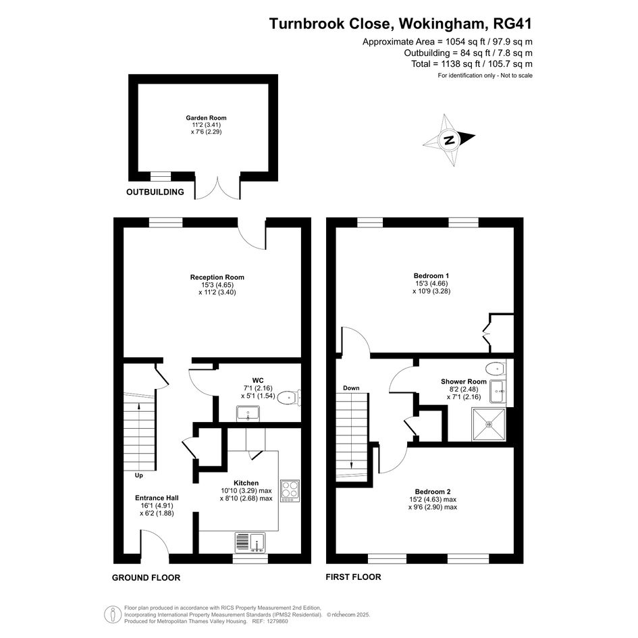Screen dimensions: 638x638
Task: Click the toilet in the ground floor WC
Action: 290,397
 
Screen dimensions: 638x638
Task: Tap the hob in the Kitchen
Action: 290,491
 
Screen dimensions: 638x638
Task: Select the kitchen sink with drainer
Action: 250,542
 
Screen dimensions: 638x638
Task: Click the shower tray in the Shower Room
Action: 489,425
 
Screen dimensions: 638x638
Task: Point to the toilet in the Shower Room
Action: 496,369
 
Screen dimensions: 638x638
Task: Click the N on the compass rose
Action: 449,140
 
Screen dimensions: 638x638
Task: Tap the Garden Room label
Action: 207,118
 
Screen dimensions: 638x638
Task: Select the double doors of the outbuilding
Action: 217,188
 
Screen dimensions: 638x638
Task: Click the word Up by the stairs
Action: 139,475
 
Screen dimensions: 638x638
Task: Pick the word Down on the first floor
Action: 351,388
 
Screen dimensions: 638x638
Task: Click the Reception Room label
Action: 217,277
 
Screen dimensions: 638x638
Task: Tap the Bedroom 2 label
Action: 433,491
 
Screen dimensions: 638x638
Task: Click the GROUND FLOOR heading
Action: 146,577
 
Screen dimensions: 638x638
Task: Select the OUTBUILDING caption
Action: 155,192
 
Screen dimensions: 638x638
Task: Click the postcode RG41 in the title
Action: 512,24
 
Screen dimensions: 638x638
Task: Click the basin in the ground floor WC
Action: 248,413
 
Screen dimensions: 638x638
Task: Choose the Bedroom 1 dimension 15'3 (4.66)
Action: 431,283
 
